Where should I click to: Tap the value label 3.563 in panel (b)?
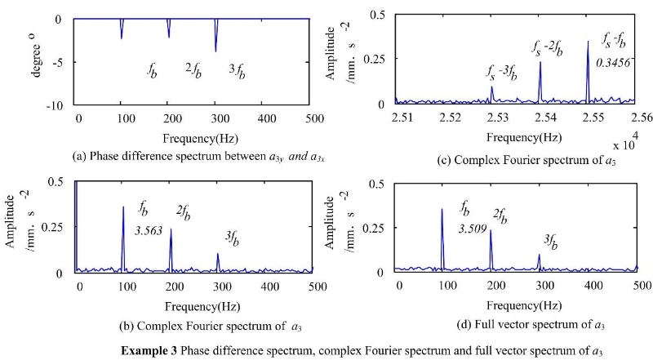[x=149, y=230]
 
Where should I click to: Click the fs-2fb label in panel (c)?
[x=548, y=49]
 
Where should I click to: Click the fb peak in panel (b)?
[x=123, y=208]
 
